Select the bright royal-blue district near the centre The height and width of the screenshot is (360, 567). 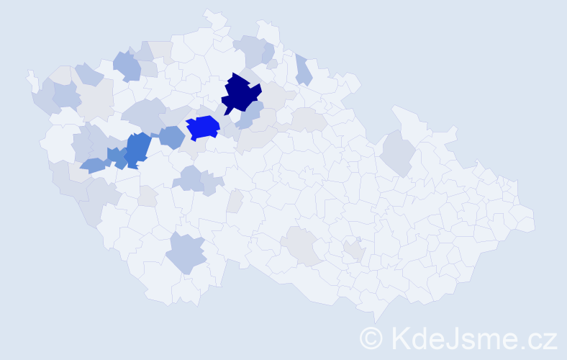coord(203,127)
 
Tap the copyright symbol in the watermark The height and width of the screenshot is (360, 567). coord(371,338)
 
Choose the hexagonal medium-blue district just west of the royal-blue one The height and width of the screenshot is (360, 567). coord(171,137)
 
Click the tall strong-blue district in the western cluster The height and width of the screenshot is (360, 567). coord(138,148)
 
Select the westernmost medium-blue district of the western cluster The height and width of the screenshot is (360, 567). coord(92,166)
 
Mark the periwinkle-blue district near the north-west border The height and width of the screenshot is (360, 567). coord(127,66)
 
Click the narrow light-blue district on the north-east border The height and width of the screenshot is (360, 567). coord(303,70)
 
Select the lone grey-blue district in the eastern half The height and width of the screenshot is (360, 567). coord(398,153)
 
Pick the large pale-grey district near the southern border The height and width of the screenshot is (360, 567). coord(307,246)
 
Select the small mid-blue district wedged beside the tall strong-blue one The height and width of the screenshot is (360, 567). coord(115,156)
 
